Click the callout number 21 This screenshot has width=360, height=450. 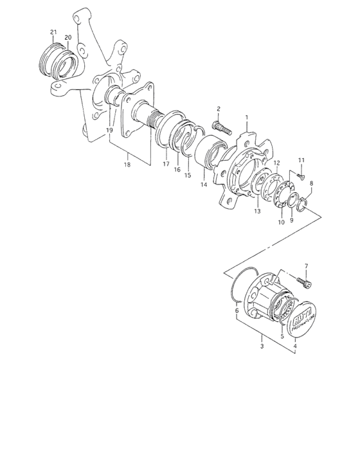[54, 33]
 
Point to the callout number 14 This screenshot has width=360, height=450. [203, 185]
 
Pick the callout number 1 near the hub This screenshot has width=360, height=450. [246, 118]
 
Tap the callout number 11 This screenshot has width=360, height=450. [301, 159]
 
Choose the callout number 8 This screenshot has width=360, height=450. [312, 184]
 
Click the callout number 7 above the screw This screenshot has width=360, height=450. [306, 265]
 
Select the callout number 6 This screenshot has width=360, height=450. [237, 310]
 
